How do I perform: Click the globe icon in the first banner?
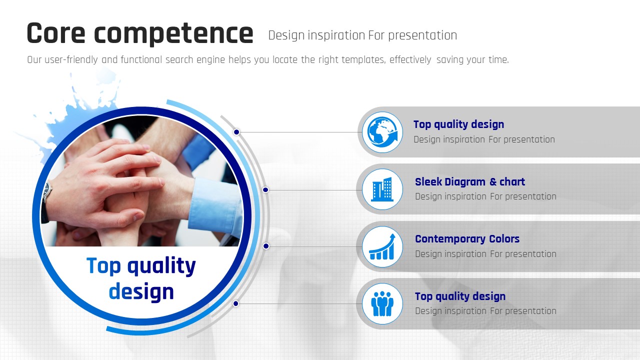click(382, 132)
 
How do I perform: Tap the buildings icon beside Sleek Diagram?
click(382, 189)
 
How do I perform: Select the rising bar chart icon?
click(382, 246)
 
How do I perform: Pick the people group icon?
click(382, 303)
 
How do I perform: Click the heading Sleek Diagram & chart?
click(470, 181)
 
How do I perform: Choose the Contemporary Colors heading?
click(467, 239)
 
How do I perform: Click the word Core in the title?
click(56, 33)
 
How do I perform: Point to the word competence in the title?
click(173, 34)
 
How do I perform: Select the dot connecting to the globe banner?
click(236, 132)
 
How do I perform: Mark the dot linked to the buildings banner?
click(265, 189)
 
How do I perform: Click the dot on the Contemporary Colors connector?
click(266, 246)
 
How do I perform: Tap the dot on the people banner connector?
click(235, 303)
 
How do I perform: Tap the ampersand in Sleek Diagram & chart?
click(493, 181)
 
